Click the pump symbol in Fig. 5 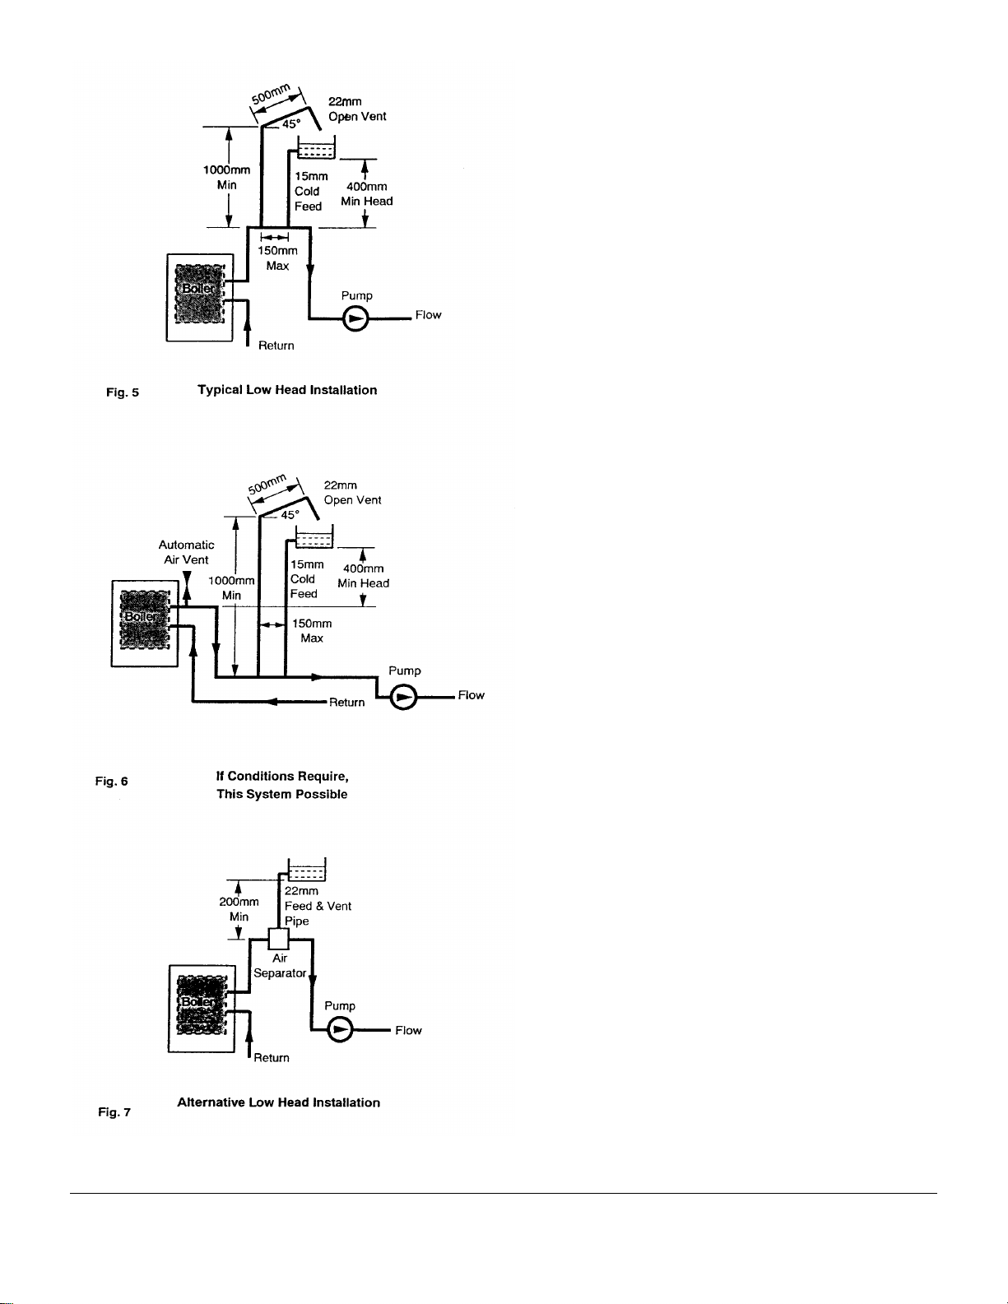[355, 318]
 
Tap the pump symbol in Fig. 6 [403, 698]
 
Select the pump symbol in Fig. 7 [340, 1030]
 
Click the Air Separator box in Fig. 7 [278, 940]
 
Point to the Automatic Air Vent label [186, 552]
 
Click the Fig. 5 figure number [123, 392]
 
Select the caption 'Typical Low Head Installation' [287, 390]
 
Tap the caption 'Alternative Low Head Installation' [278, 1102]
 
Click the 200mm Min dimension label [239, 909]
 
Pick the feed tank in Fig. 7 [307, 870]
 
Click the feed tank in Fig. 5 [316, 147]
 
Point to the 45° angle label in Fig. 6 [290, 515]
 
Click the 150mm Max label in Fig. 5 [277, 258]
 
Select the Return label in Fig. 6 [346, 702]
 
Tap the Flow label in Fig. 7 [408, 1030]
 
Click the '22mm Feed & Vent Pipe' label [318, 906]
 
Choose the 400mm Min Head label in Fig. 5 [367, 194]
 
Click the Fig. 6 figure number [112, 782]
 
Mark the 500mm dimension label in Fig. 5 [271, 95]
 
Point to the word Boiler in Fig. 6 [141, 616]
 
